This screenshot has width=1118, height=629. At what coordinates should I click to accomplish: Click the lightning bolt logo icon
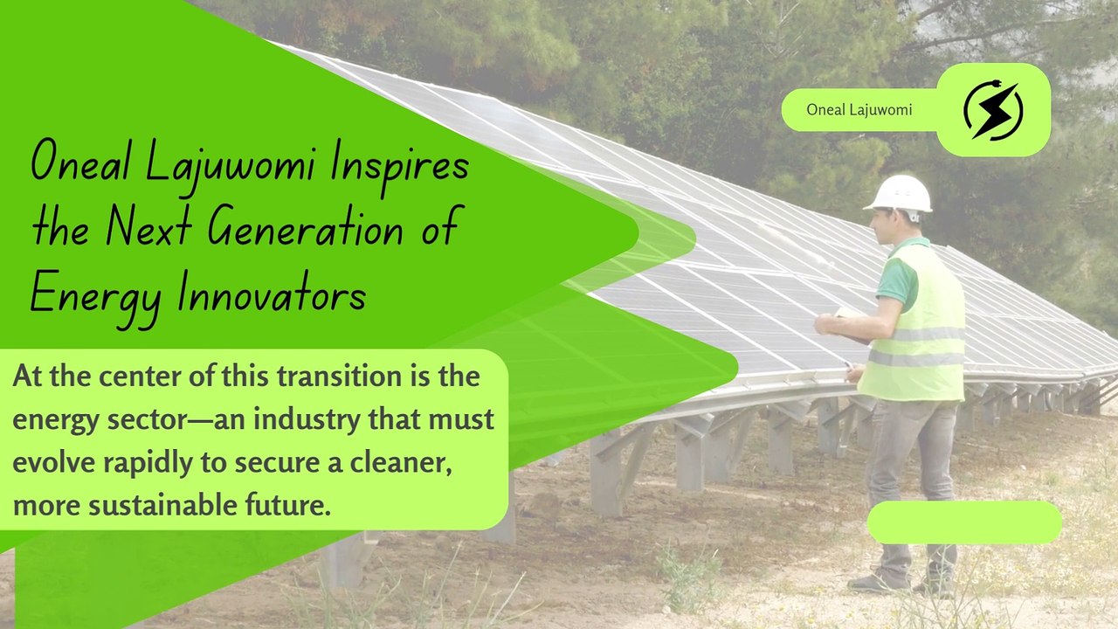993,111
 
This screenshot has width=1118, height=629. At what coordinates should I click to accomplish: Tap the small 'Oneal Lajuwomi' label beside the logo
859,110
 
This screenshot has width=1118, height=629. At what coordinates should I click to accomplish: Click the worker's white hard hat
899,194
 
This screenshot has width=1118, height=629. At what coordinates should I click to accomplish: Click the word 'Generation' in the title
306,228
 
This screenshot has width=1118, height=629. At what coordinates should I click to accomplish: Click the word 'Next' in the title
149,228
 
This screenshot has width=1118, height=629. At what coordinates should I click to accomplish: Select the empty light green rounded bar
964,522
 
